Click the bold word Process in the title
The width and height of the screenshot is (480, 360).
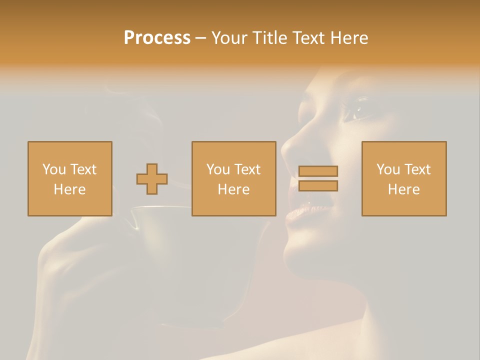pyautogui.click(x=157, y=38)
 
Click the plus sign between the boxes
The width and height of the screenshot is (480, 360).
pyautogui.click(x=152, y=179)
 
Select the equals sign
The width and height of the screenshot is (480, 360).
pyautogui.click(x=318, y=178)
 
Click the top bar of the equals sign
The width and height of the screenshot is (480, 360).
pyautogui.click(x=318, y=171)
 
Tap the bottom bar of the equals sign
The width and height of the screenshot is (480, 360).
pyautogui.click(x=318, y=186)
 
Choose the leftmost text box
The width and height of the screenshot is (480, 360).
pyautogui.click(x=70, y=178)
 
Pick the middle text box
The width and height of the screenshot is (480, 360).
pyautogui.click(x=233, y=178)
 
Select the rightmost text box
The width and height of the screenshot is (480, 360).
pyautogui.click(x=404, y=178)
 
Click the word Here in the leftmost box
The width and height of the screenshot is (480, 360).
pyautogui.click(x=69, y=189)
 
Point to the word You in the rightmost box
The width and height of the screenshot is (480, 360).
pyautogui.click(x=388, y=169)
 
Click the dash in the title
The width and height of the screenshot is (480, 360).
pyautogui.click(x=201, y=38)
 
